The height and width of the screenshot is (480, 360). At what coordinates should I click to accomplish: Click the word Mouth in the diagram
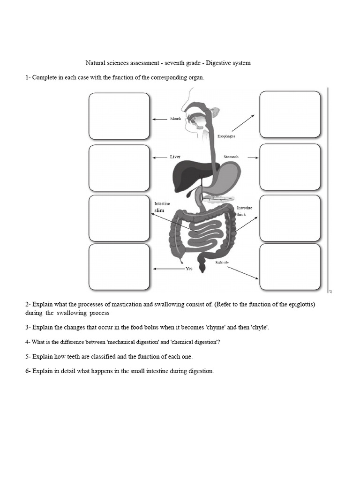tap(175, 119)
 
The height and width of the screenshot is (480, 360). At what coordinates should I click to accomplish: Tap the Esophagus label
tap(226, 136)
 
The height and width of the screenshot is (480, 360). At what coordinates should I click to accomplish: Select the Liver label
tap(175, 157)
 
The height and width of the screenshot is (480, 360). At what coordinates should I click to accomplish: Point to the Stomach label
tap(231, 157)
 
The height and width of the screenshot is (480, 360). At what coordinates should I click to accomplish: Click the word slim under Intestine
tap(160, 211)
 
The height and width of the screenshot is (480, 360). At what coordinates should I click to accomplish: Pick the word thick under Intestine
tap(241, 215)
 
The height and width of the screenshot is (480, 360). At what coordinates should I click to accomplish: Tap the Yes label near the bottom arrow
tap(189, 269)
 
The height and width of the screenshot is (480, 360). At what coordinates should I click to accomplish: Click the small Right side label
tap(222, 262)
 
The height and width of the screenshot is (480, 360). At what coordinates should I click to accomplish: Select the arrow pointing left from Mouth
tap(160, 119)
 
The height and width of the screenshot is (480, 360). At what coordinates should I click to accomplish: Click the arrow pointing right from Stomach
tap(253, 157)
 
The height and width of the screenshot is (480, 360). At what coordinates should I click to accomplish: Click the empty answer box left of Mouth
tap(119, 116)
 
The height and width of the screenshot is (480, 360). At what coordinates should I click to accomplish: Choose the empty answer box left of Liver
tap(119, 168)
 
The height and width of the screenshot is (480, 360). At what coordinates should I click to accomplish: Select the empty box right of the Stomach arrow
tap(290, 167)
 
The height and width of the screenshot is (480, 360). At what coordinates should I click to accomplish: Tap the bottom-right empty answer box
tap(290, 267)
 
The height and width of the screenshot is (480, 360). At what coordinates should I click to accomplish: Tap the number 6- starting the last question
tap(28, 371)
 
